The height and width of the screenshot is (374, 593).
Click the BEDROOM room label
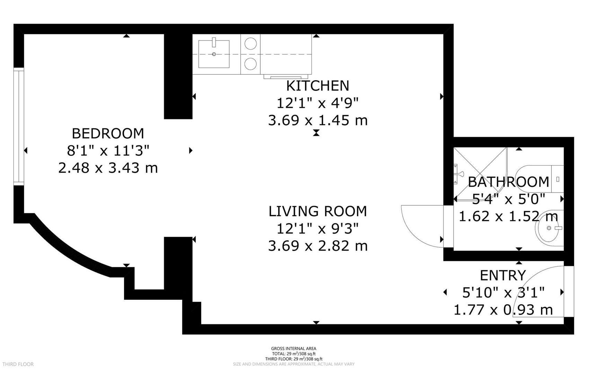click(108, 133)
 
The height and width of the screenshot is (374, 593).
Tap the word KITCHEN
click(318, 86)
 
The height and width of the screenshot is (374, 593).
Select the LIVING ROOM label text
click(318, 211)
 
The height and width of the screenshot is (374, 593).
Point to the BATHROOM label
click(508, 182)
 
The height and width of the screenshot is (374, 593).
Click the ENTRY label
click(503, 276)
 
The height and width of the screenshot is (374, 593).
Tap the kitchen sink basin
click(214, 54)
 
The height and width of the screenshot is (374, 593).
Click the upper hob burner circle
click(250, 44)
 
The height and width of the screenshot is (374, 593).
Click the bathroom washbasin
click(550, 228)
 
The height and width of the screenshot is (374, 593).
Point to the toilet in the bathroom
click(540, 179)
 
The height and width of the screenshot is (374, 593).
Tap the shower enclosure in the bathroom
click(480, 173)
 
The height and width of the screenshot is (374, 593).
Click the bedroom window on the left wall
click(19, 126)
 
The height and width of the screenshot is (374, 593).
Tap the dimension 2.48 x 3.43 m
click(108, 168)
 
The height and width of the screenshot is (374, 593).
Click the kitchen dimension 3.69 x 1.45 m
click(318, 121)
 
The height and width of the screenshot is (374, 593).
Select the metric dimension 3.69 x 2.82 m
click(318, 246)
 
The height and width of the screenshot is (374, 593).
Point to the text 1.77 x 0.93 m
click(503, 310)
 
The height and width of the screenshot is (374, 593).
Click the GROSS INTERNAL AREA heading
click(294, 349)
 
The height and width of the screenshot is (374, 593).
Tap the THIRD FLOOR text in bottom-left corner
click(18, 364)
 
